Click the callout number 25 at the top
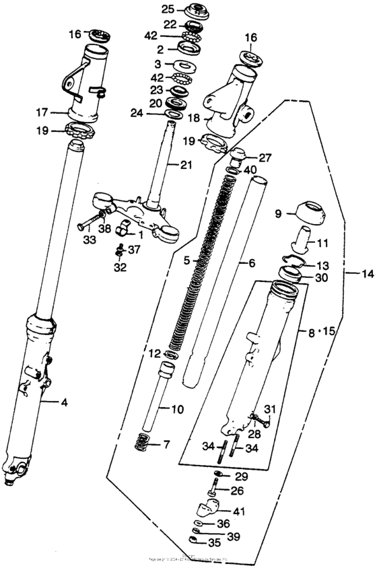click(166, 9)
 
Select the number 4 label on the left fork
click(65, 403)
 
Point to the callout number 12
click(153, 353)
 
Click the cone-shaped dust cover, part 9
click(307, 211)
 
